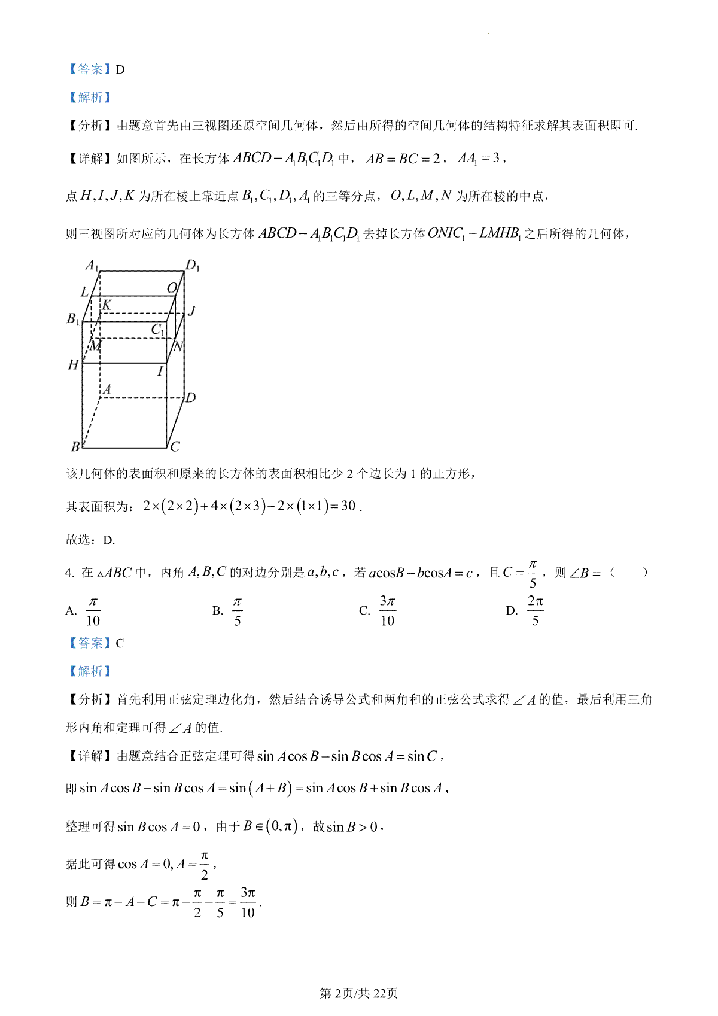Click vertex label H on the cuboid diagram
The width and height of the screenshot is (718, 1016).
73,364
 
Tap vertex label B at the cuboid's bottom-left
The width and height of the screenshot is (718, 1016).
75,446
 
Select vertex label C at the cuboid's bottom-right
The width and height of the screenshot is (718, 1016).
175,446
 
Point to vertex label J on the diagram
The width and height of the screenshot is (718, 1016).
191,311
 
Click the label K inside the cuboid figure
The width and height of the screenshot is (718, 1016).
107,305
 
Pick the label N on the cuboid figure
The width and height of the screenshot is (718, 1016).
178,346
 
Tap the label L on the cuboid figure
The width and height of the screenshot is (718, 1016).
84,291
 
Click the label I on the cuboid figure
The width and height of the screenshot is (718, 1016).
160,372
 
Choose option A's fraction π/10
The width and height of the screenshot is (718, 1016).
93,611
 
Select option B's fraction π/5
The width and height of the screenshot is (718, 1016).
238,611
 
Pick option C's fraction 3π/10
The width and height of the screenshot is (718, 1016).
387,611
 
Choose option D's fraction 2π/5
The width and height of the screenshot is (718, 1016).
535,611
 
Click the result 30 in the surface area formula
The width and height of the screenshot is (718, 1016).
348,506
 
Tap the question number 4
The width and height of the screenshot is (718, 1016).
69,573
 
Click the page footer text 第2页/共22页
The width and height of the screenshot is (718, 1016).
358,993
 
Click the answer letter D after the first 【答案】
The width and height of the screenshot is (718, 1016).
120,69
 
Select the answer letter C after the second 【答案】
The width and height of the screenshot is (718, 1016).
120,643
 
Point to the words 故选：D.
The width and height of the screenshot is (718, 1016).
90,540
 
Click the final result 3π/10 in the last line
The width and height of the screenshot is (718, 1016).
248,902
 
